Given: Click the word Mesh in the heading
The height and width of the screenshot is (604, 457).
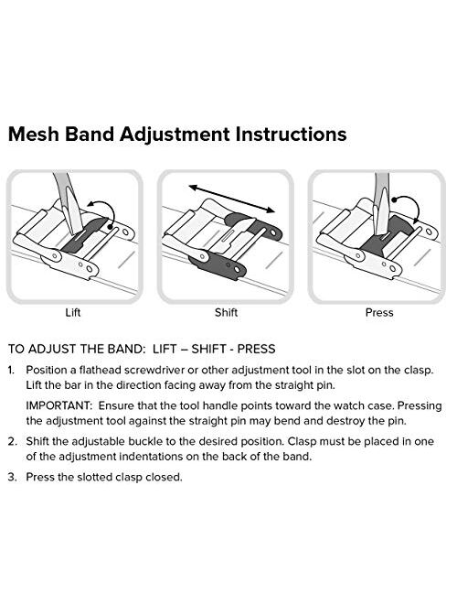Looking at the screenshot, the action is [34, 134].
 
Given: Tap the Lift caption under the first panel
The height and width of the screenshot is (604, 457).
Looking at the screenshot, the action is [73, 312].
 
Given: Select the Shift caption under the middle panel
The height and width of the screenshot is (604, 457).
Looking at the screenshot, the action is [226, 312].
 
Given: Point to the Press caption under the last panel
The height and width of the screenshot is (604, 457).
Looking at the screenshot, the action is [379, 312].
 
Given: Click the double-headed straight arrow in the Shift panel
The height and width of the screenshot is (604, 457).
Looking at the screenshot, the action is [231, 199].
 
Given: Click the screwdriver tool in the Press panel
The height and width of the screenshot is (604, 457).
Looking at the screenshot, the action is [382, 203].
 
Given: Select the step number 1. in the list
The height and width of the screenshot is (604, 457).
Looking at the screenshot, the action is [11, 371].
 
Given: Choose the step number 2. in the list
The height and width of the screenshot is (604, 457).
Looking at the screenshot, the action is [12, 441].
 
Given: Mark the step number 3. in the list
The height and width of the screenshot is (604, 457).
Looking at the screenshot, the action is [12, 478].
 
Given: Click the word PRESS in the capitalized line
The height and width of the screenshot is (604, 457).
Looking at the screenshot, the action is [256, 349].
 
